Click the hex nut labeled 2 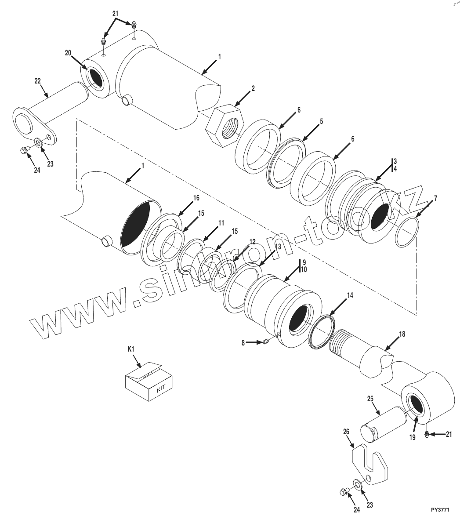[x=224, y=125]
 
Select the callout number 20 [x=68, y=52]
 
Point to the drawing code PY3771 [x=441, y=510]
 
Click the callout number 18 [x=402, y=334]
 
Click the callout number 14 [x=349, y=295]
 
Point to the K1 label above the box [x=131, y=349]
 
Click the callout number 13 [x=278, y=247]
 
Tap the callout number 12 [x=252, y=242]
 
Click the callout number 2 [x=253, y=88]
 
